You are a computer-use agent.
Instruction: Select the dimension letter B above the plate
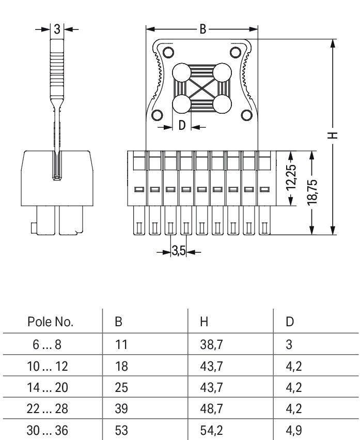pyautogui.click(x=203, y=29)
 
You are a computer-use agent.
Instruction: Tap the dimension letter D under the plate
pyautogui.click(x=182, y=126)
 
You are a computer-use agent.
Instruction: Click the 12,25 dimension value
pyautogui.click(x=292, y=178)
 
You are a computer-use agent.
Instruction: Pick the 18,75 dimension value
pyautogui.click(x=312, y=192)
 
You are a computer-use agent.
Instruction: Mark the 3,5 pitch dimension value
pyautogui.click(x=179, y=252)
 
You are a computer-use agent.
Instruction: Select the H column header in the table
pyautogui.click(x=204, y=322)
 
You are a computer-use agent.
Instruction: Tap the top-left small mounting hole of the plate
pyautogui.click(x=168, y=52)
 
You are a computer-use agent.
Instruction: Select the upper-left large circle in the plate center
pyautogui.click(x=182, y=72)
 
